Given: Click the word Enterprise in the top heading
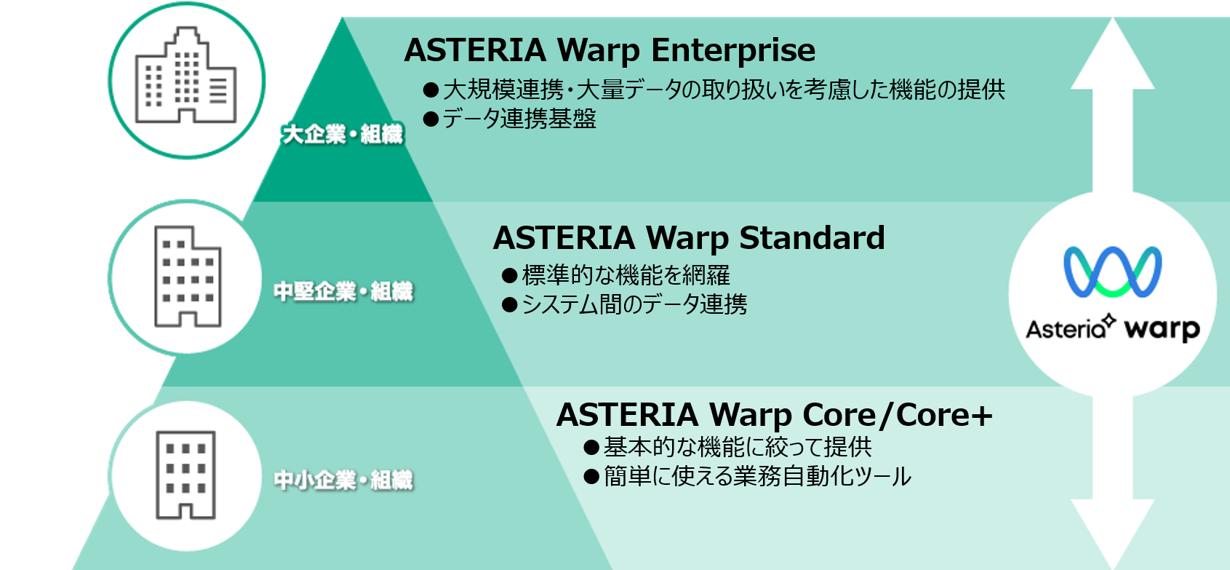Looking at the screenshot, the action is (x=733, y=51).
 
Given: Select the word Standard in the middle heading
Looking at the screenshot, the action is (x=812, y=237).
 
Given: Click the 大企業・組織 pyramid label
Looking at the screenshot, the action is (x=342, y=134).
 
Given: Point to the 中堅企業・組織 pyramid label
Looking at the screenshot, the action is (x=343, y=291).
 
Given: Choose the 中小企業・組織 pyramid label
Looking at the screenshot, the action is (x=343, y=480).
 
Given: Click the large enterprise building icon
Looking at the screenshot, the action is (x=186, y=75).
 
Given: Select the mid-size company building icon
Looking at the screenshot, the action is (x=188, y=277).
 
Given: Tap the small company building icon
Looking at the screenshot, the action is (x=185, y=475).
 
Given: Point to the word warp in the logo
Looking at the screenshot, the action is (x=1162, y=329).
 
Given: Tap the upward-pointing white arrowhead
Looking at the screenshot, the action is (x=1112, y=55).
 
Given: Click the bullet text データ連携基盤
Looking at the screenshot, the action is (x=519, y=119).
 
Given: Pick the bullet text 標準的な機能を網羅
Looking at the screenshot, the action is (x=626, y=275).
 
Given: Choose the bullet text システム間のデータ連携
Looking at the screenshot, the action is (x=634, y=304).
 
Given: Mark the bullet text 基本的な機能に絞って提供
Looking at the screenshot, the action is (x=738, y=447).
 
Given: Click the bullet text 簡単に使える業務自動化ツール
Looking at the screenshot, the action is (x=757, y=476).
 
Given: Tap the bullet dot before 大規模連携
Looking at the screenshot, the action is (x=431, y=90).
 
